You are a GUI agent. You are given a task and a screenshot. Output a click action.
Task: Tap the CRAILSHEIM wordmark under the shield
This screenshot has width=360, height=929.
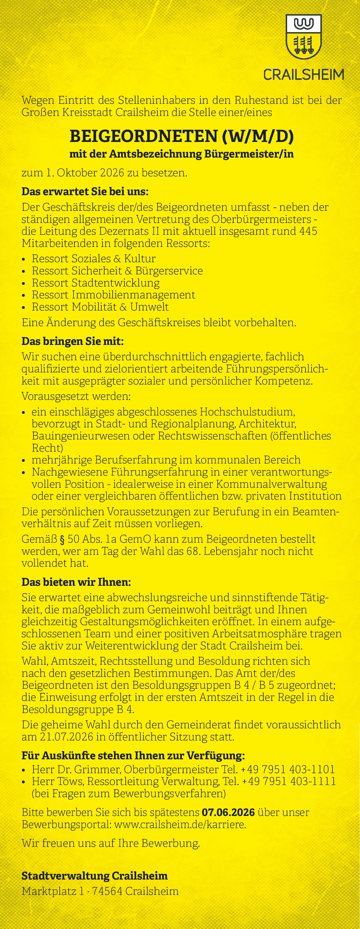click(303, 75)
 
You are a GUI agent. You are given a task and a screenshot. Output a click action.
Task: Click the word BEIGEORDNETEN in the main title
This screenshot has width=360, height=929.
click(143, 136)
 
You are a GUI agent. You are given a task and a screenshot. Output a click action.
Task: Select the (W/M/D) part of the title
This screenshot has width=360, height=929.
click(258, 136)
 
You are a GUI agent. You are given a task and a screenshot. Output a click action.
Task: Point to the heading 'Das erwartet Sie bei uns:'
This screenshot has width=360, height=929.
click(85, 191)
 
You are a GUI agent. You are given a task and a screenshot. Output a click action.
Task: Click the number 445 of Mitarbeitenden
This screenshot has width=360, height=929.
click(308, 231)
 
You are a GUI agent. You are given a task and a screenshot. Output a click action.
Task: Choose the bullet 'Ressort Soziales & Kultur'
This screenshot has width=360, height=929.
click(93, 259)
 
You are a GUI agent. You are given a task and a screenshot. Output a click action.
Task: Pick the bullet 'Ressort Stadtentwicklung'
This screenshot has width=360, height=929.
click(96, 283)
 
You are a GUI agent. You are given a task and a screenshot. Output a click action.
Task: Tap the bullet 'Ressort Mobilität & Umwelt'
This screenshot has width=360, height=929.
click(100, 307)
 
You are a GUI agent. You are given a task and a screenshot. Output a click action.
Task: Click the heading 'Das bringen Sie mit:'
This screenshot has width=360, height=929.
click(73, 341)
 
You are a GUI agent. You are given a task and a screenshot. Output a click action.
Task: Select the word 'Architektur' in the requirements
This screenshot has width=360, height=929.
click(267, 424)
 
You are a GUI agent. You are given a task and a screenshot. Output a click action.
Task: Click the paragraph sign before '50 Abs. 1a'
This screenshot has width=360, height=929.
click(62, 540)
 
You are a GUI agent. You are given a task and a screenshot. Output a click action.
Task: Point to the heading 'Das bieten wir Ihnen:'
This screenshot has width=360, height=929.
click(76, 582)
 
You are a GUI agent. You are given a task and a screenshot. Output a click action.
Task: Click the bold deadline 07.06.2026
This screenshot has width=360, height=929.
click(228, 813)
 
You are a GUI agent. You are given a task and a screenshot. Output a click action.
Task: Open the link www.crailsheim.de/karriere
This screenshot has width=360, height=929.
click(180, 824)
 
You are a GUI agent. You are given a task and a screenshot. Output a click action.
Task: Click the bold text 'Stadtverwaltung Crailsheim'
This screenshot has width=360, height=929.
click(94, 876)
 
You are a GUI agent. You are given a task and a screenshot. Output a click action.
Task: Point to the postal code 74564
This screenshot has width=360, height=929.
click(107, 891)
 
